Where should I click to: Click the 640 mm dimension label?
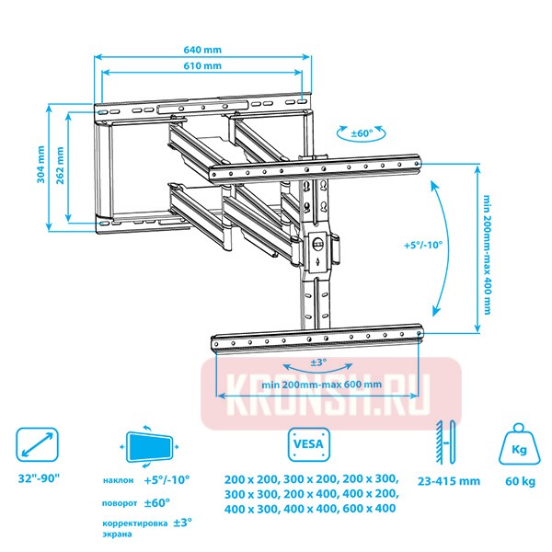(202, 50)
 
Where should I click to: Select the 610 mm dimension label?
(202, 66)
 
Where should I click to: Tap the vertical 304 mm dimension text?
(41, 165)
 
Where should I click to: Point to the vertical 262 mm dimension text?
(60, 166)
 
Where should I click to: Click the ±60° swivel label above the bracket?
(362, 133)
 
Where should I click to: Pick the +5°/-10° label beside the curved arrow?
(423, 245)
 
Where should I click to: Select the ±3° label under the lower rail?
(318, 362)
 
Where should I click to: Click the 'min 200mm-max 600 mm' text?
(321, 384)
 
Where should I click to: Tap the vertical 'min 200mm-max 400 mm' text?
(488, 255)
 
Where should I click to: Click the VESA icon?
(309, 444)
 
